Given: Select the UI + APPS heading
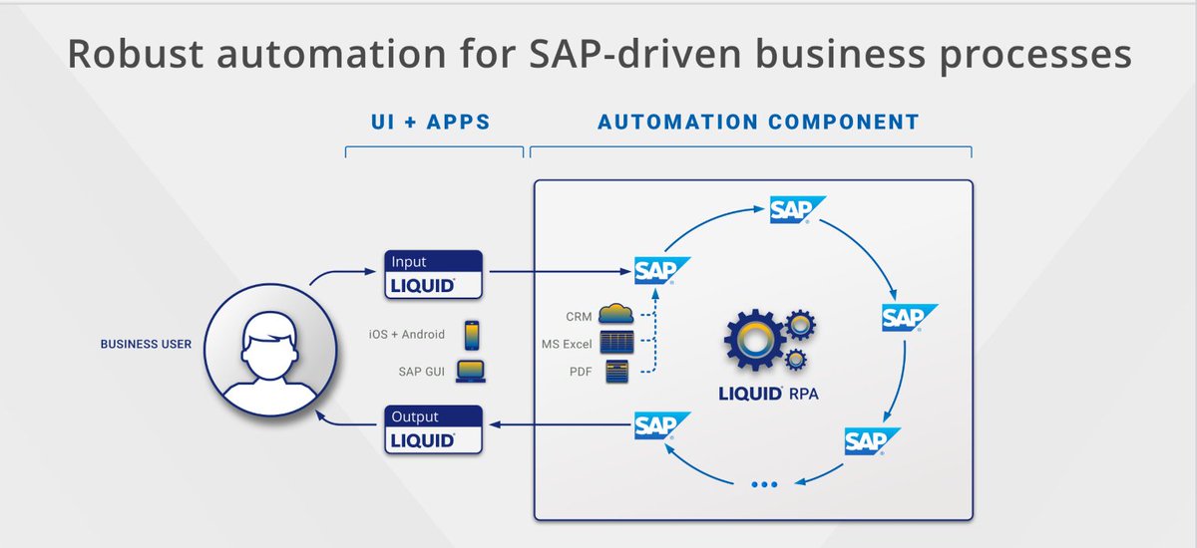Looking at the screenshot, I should pos(434,123).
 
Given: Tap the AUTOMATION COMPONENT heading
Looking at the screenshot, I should pos(758,123).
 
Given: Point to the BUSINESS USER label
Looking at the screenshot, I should pos(146,345).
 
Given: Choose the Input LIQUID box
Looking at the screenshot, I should pos(434,274).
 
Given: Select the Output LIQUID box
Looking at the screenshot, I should pos(434,429).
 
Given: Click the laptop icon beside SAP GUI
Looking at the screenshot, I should pos(471,372).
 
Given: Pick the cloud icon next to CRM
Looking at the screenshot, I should pos(616,316).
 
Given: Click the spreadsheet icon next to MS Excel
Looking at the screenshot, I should pos(616,344).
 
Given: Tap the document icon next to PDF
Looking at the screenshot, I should pos(616,372).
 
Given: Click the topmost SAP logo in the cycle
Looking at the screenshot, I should pos(797,210).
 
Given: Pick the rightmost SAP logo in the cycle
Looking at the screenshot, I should pos(909,318).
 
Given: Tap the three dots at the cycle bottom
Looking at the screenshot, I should pos(763,485).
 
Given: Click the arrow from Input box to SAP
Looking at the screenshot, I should pos(559,270).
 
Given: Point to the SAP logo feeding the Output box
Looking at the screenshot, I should pos(661,426).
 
